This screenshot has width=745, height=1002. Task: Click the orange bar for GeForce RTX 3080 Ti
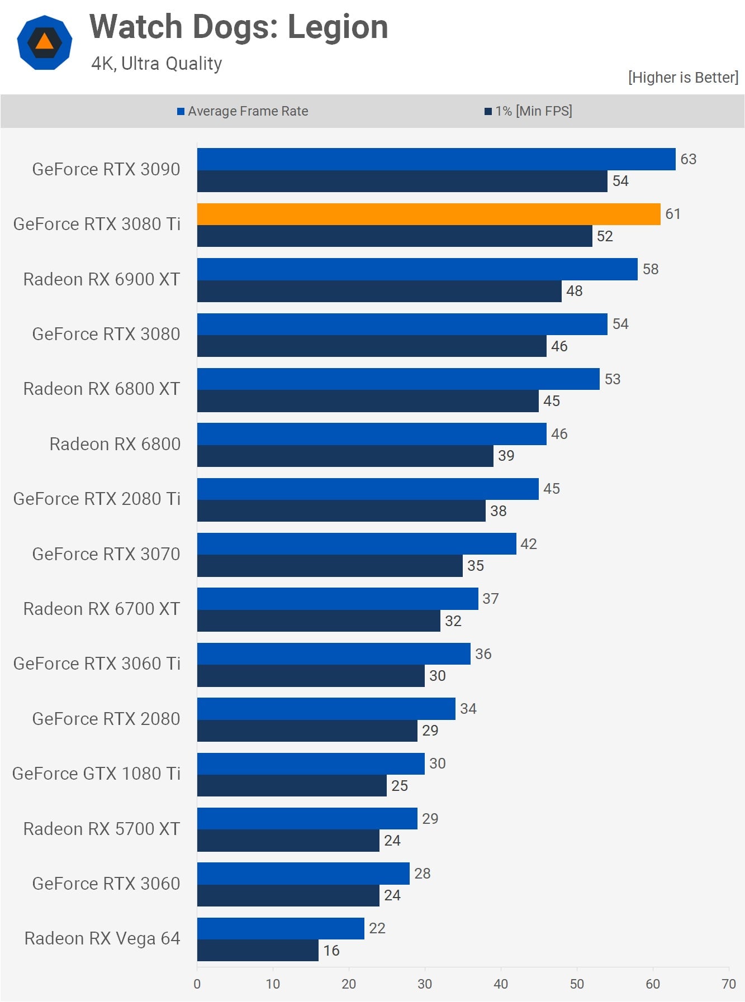click(428, 214)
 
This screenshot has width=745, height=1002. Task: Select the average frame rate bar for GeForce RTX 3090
click(436, 159)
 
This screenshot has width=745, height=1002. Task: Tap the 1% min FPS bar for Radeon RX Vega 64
click(258, 950)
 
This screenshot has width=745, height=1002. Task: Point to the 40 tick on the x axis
click(501, 984)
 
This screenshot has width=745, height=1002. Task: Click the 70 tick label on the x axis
click(728, 984)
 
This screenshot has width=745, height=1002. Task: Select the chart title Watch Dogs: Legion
click(239, 27)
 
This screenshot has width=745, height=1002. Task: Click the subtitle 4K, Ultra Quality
click(156, 64)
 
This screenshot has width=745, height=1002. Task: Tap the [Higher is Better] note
click(682, 77)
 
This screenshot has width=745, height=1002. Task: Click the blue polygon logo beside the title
click(45, 42)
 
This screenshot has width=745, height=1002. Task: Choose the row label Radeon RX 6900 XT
click(101, 279)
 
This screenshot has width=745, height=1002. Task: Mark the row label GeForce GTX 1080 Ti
click(96, 774)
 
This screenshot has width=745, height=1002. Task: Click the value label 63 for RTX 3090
click(688, 159)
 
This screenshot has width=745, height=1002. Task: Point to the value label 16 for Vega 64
click(331, 951)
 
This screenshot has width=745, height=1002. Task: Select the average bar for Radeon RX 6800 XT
click(398, 379)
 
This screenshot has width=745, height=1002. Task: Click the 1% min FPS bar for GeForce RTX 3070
click(330, 566)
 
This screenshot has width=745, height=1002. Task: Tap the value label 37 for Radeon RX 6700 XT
click(490, 599)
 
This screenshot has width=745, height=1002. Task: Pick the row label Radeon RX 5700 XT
click(101, 829)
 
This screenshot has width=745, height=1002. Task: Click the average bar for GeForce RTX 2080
click(326, 709)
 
